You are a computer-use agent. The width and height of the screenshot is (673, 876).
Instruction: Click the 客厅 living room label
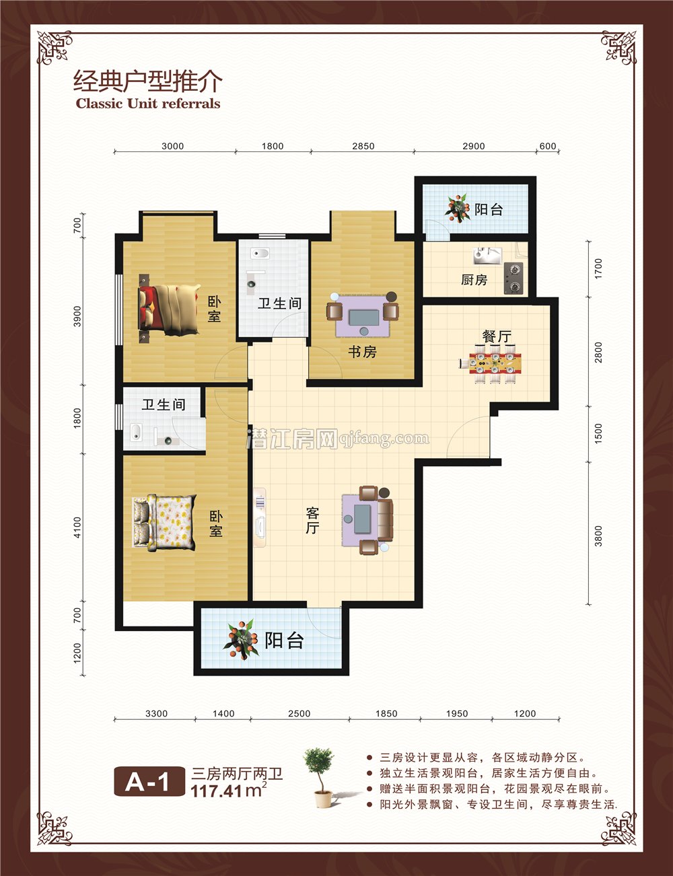pyautogui.click(x=312, y=521)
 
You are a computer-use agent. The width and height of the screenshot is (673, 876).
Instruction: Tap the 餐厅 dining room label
pyautogui.click(x=497, y=336)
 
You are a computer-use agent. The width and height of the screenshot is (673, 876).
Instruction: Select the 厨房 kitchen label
pyautogui.click(x=474, y=279)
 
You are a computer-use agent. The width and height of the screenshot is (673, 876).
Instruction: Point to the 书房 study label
pyautogui.click(x=362, y=352)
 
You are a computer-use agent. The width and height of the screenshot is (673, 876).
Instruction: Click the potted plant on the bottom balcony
pyautogui.click(x=241, y=638)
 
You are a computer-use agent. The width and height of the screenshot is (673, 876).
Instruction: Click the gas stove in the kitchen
pyautogui.click(x=513, y=278)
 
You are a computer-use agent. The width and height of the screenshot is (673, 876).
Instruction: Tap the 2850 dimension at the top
pyautogui.click(x=363, y=146)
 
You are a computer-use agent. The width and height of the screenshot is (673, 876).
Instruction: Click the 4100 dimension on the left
pyautogui.click(x=77, y=527)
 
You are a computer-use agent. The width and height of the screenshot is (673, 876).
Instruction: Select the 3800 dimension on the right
pyautogui.click(x=598, y=535)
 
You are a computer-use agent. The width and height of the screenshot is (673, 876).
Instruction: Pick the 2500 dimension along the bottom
pyautogui.click(x=299, y=714)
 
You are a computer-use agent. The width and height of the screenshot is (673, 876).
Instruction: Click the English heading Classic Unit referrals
pyautogui.click(x=148, y=104)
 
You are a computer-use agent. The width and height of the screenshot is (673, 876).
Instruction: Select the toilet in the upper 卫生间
pyautogui.click(x=260, y=254)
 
